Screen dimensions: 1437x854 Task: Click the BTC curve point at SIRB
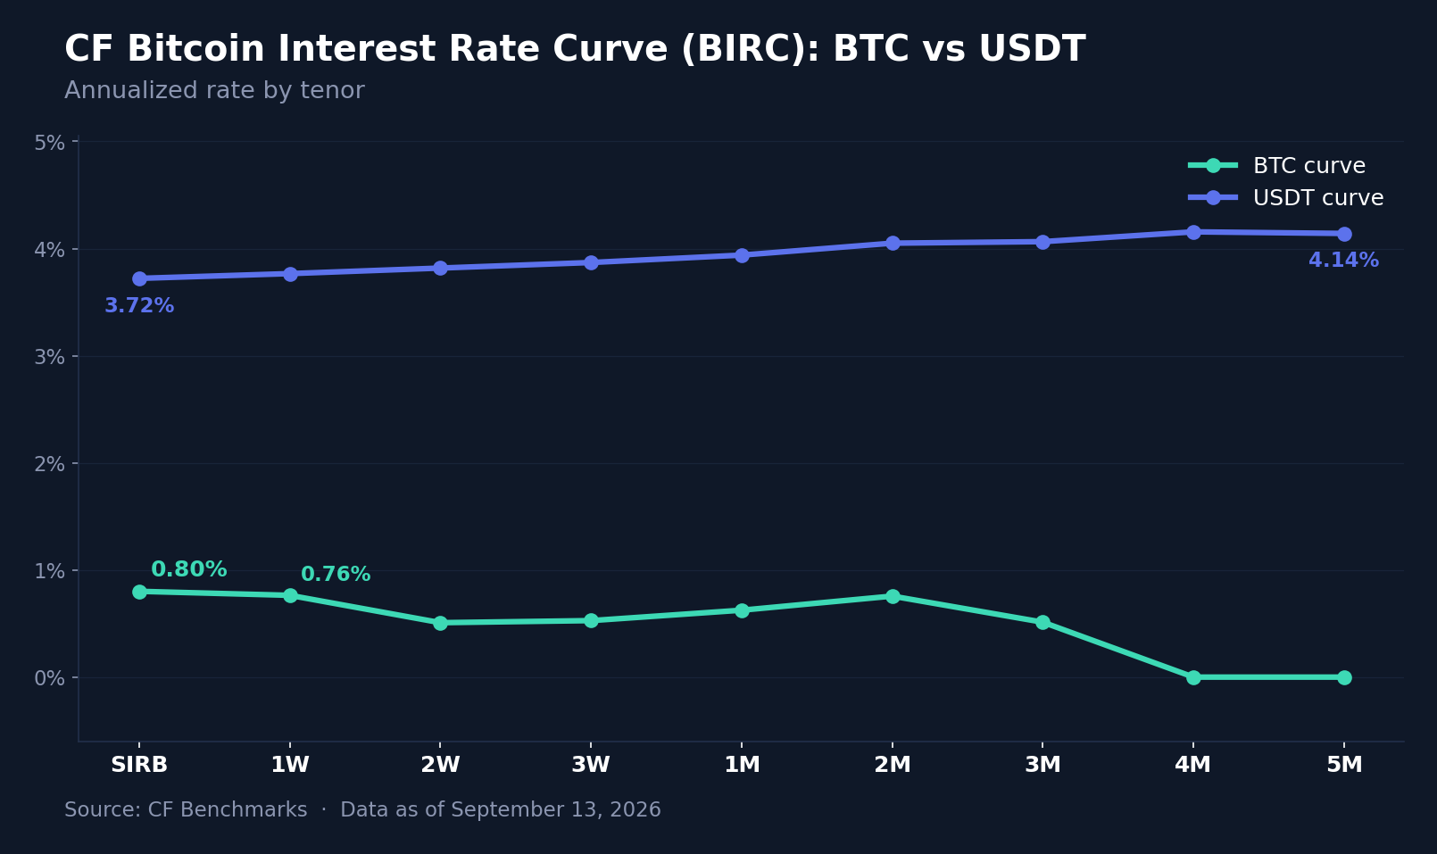(139, 592)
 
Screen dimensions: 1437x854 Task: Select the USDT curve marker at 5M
(1344, 234)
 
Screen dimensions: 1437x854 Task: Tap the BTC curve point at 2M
(893, 596)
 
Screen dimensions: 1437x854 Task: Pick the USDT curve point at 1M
(742, 255)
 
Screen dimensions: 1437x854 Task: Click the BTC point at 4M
(1193, 677)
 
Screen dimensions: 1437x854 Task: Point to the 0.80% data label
(188, 569)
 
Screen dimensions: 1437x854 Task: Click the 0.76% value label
(336, 575)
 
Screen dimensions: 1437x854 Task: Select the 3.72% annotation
(139, 305)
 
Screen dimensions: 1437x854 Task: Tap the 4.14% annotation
(1343, 260)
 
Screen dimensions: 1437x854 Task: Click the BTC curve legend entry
(1276, 166)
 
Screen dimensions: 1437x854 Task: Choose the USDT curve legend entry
(1285, 197)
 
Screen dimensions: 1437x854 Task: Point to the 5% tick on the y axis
(49, 143)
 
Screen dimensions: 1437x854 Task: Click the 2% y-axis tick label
(49, 464)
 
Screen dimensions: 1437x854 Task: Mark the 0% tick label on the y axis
(49, 678)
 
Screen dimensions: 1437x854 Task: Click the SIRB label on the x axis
(139, 765)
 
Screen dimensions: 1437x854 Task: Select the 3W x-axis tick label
(591, 765)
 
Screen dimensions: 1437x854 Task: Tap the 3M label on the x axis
(1042, 765)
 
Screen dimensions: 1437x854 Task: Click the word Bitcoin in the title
(195, 49)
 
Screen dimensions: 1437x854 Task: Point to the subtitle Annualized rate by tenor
(214, 90)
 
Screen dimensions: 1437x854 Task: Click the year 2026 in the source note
(635, 809)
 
